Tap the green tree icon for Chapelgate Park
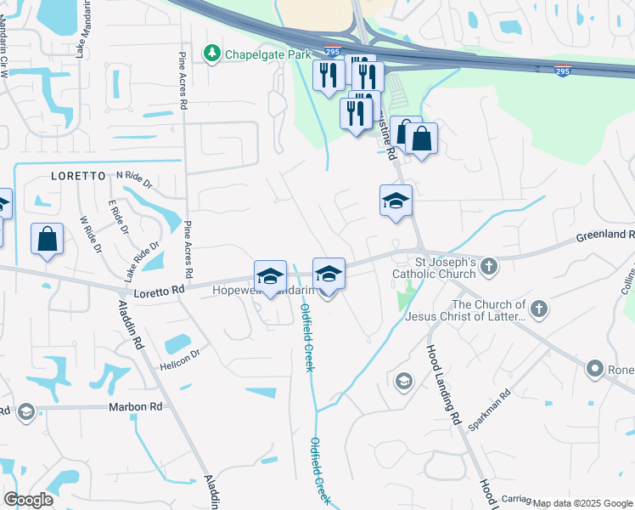pyautogui.click(x=211, y=54)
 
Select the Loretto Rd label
pyautogui.click(x=159, y=291)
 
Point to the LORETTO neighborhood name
pyautogui.click(x=78, y=176)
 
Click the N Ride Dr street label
pyautogui.click(x=134, y=178)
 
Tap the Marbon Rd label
pyautogui.click(x=134, y=407)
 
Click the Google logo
pyautogui.click(x=28, y=500)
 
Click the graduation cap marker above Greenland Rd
pyautogui.click(x=396, y=201)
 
